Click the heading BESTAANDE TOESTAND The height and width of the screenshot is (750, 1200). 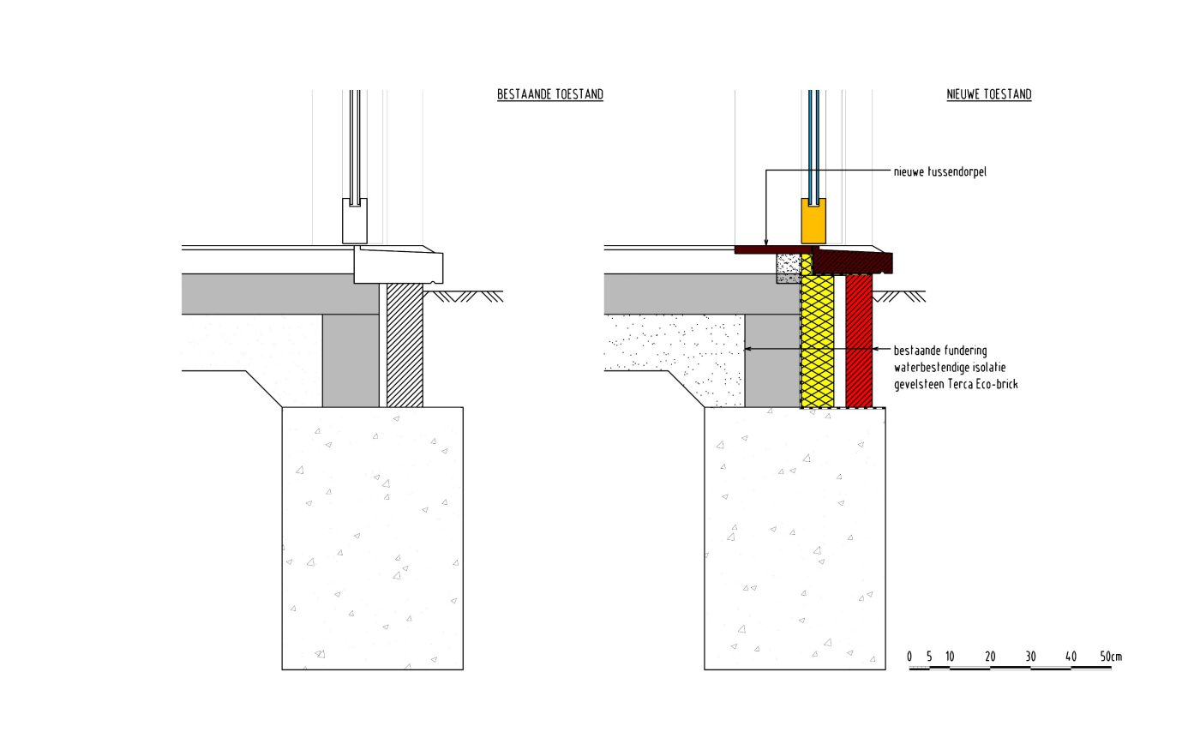tap(550, 94)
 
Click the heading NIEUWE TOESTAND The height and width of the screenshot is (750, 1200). tap(988, 94)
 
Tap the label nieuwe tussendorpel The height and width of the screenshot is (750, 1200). tap(940, 171)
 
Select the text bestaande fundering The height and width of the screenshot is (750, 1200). tap(940, 350)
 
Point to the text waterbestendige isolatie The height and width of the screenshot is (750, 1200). tap(950, 367)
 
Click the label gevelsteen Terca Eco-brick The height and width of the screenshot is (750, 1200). tap(956, 384)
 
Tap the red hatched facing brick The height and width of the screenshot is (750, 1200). tap(858, 343)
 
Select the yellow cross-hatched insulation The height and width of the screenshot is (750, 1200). tap(817, 343)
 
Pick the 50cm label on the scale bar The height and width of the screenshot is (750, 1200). tap(1111, 657)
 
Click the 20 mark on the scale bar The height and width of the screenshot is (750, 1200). tap(990, 657)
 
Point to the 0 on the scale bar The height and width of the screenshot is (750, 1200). tap(909, 657)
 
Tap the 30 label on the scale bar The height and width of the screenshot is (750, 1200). tap(1030, 657)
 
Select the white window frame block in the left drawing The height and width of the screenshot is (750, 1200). tap(355, 222)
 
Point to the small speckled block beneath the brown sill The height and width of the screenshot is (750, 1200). tap(789, 267)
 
